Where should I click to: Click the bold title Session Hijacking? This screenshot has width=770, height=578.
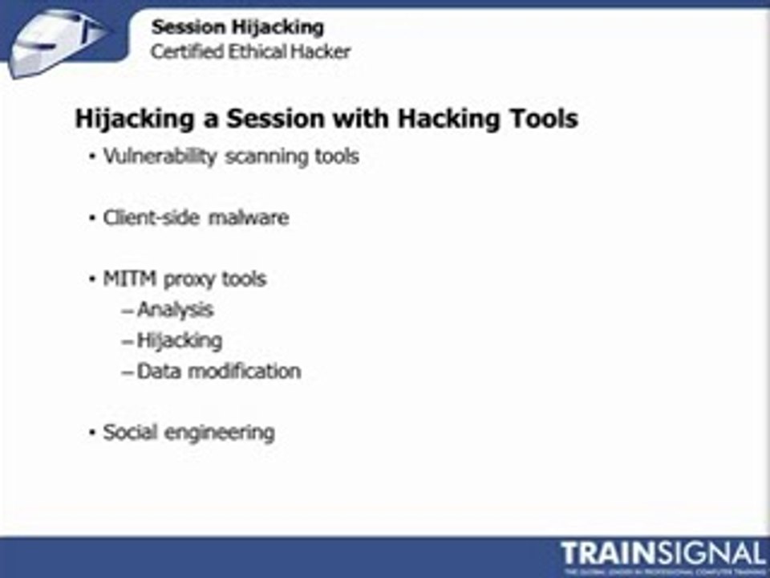pos(237,27)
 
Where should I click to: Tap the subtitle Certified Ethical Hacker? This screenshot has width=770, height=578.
pos(251,52)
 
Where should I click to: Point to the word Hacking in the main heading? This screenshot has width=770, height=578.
pos(438,119)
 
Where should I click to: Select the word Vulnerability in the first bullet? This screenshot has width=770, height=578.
pos(160,157)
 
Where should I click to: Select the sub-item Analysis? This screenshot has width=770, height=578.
pos(175,309)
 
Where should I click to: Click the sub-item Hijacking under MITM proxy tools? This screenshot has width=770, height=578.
pos(179,340)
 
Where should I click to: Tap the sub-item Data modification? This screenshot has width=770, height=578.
pos(218,371)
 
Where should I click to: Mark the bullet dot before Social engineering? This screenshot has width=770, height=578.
pos(93,433)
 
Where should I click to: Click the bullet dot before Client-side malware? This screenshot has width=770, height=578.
pos(93,218)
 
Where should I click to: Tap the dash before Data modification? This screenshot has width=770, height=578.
pos(128,372)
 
